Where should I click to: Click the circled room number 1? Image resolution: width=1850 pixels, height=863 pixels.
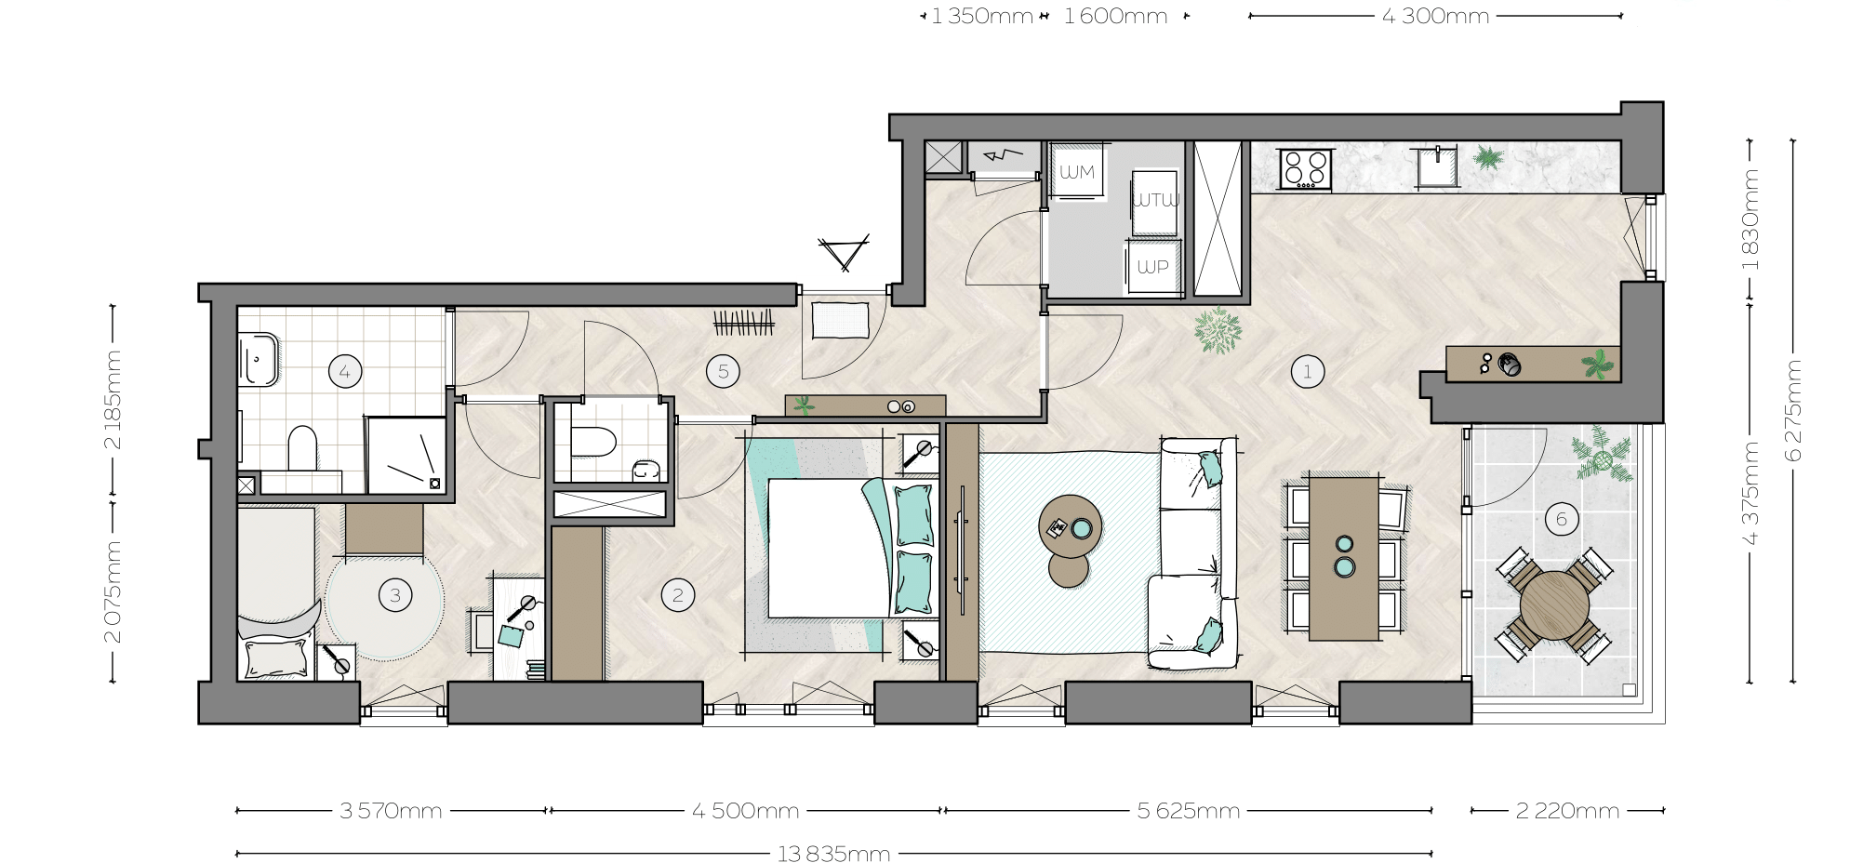click(x=1307, y=372)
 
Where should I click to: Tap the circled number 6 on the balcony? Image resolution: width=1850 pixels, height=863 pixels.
click(x=1561, y=519)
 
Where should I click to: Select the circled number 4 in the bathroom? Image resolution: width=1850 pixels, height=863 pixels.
click(x=344, y=372)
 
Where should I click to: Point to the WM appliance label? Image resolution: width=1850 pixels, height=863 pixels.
click(x=1077, y=172)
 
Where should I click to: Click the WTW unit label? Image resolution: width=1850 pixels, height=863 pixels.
click(x=1155, y=200)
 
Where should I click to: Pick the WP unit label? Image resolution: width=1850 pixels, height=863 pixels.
click(x=1152, y=267)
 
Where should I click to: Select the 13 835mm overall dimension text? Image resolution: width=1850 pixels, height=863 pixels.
click(x=833, y=854)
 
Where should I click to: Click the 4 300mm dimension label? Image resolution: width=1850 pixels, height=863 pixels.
click(x=1435, y=16)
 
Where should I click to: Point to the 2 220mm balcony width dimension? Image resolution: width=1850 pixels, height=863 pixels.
click(x=1567, y=811)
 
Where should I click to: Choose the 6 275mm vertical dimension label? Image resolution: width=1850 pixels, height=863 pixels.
click(x=1793, y=410)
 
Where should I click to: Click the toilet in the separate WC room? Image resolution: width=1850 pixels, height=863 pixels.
click(x=592, y=441)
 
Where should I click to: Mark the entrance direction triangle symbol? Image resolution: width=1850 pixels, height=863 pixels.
click(x=844, y=252)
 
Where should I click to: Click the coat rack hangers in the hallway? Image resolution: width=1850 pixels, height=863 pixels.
click(x=743, y=323)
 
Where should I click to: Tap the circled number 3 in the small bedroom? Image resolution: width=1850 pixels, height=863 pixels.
click(x=395, y=595)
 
